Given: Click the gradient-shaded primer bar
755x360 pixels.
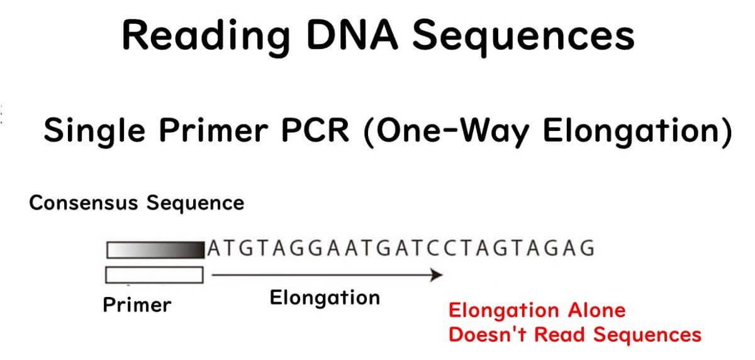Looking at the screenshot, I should tap(155, 250).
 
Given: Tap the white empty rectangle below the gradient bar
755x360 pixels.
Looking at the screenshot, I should tap(154, 275).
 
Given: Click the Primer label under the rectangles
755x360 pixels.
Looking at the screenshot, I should tap(137, 305).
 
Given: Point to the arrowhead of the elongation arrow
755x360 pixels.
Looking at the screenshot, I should tap(437, 275).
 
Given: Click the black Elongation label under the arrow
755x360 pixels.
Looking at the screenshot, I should tap(325, 297).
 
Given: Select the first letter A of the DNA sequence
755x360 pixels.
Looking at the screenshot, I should tap(215, 249).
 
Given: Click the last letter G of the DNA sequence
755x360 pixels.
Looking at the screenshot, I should tap(587, 249).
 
